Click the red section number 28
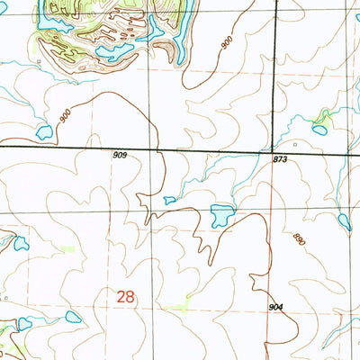pos(128,295)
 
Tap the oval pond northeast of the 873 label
pos(319,130)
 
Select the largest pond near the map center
pos(221,215)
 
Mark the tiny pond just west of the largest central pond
pos(170,200)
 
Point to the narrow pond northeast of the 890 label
pos(345,220)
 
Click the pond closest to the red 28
pos(73,317)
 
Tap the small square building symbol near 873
pos(293,142)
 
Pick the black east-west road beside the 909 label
pos(90,147)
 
